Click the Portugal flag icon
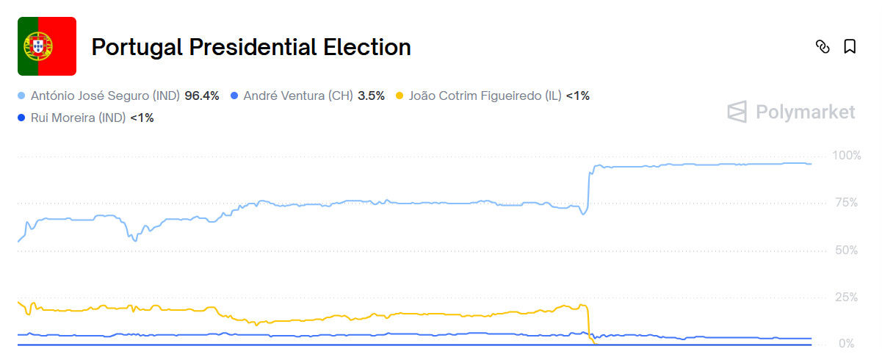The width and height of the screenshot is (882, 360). click(47, 46)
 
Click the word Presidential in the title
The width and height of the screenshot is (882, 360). click(251, 47)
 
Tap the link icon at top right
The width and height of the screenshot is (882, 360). click(823, 47)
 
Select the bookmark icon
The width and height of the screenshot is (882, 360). click(850, 47)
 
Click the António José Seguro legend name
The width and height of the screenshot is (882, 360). click(106, 96)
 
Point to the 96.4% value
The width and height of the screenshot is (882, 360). click(202, 96)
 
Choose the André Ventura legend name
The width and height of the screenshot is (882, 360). click(298, 96)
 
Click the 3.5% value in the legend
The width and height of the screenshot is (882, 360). click(371, 96)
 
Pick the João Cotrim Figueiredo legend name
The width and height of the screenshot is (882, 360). click(485, 96)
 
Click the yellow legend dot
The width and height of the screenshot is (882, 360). click(400, 96)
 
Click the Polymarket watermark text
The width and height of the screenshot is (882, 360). click(806, 112)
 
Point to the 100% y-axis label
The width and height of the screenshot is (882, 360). click(846, 156)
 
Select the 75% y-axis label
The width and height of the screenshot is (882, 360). click(846, 203)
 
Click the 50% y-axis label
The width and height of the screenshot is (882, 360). click(846, 251)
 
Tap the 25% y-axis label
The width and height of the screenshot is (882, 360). click(846, 298)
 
